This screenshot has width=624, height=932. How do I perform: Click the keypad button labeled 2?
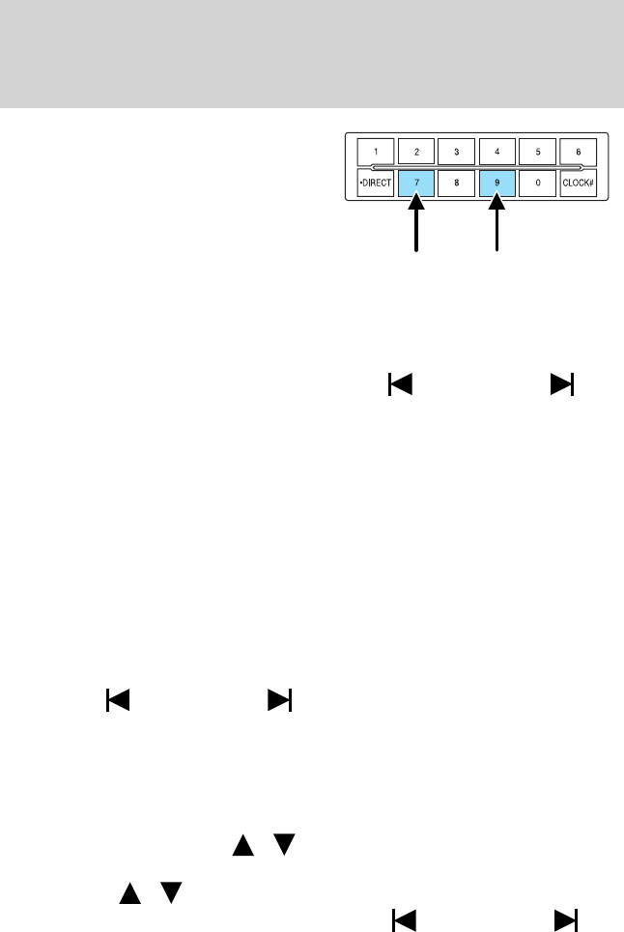tap(416, 152)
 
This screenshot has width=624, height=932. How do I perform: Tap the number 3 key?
tap(457, 152)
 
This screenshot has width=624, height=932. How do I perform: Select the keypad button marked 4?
tap(497, 152)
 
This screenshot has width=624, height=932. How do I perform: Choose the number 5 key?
tap(538, 152)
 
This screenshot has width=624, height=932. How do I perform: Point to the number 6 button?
tap(579, 152)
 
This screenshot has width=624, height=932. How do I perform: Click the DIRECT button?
tap(375, 183)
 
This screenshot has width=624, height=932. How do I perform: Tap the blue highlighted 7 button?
tap(416, 183)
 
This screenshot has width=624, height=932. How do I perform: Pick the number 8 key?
tap(457, 183)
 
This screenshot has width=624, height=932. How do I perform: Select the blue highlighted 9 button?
tap(497, 183)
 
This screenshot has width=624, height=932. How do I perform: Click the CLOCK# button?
tap(579, 183)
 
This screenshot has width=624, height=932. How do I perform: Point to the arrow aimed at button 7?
tap(416, 227)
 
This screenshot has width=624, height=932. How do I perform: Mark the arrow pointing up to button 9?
tap(497, 227)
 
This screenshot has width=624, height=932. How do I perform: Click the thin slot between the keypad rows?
tap(477, 167)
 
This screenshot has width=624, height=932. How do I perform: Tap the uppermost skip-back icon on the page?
tap(399, 384)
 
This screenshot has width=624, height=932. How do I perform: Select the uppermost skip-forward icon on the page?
tap(562, 384)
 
